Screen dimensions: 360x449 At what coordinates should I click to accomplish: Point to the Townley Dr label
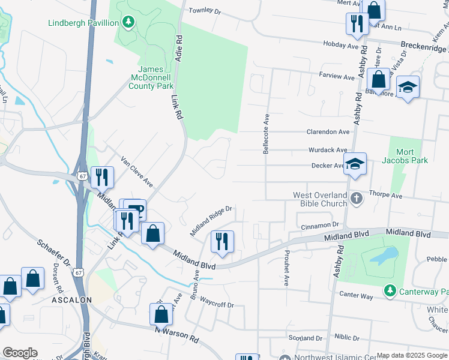pyautogui.click(x=205, y=11)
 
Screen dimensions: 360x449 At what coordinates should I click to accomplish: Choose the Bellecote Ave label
pyautogui.click(x=265, y=134)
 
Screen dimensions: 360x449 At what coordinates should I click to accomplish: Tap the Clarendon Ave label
pyautogui.click(x=328, y=132)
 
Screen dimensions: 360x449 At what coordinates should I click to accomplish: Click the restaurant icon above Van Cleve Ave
pyautogui.click(x=102, y=176)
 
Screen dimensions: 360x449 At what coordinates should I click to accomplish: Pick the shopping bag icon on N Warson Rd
pyautogui.click(x=161, y=314)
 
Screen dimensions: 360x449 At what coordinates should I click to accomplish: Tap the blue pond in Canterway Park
pyautogui.click(x=379, y=257)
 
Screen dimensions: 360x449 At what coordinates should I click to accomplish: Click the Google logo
pyautogui.click(x=20, y=353)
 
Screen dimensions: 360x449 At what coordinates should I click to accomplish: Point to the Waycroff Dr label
pyautogui.click(x=217, y=304)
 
